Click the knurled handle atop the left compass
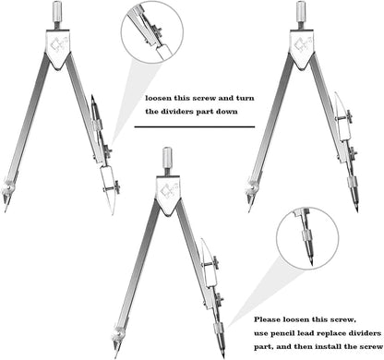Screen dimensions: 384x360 pos(58,11)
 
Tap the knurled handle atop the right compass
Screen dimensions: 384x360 pos(301,11)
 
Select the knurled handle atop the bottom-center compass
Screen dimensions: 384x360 pos(167,157)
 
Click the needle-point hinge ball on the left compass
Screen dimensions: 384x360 pos(7,189)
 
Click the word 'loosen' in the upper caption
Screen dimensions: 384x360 pos(159,98)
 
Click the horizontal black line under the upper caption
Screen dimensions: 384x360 pos(195,126)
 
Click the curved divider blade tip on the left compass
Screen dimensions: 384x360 pos(113,212)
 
